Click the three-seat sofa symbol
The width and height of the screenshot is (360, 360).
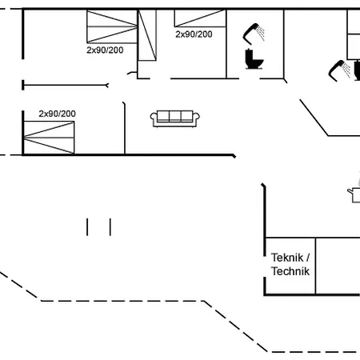click(x=175, y=118)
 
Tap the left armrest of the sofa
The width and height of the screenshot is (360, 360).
click(x=154, y=118)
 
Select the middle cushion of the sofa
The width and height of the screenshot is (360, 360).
click(x=175, y=116)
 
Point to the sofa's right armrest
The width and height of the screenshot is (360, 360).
click(x=196, y=118)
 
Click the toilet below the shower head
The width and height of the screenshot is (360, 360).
click(x=254, y=59)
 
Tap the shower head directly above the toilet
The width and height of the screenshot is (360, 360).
click(x=254, y=34)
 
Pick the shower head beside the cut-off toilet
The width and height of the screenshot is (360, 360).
click(x=339, y=70)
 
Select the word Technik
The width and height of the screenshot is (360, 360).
click(x=290, y=271)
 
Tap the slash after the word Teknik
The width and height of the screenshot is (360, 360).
click(x=308, y=258)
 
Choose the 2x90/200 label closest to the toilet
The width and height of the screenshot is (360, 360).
click(x=194, y=34)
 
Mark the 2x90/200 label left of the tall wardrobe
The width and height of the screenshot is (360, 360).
click(x=105, y=50)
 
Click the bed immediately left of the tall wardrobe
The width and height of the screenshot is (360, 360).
click(x=112, y=26)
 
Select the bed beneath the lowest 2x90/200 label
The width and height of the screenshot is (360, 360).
click(x=49, y=138)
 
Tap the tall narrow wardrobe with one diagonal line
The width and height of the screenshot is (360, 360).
click(x=147, y=35)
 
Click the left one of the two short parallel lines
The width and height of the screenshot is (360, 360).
click(x=87, y=227)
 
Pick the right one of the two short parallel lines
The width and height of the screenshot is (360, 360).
click(x=110, y=227)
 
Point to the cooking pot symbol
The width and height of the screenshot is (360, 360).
click(x=354, y=195)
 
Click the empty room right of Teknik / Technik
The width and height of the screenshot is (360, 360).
click(x=338, y=266)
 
